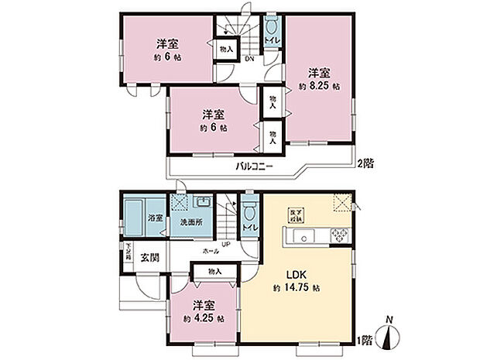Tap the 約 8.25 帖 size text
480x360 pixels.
click(319, 86)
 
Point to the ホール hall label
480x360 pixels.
click(210, 252)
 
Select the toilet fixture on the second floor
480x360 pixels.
click(272, 28)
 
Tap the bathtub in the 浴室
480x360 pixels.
click(134, 212)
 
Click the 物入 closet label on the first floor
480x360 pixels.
click(216, 271)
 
